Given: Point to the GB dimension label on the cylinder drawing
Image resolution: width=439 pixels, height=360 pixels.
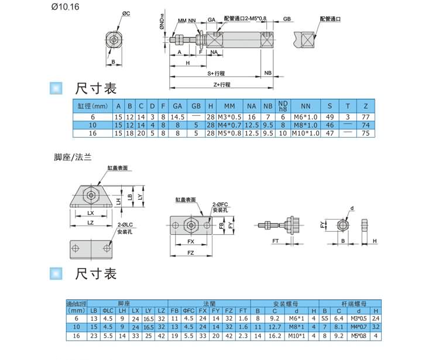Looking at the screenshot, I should click(287, 19).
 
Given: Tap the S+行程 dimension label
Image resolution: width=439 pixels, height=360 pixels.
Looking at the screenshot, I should click(217, 74).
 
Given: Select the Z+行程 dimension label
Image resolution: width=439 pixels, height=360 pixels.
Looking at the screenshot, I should click(222, 84).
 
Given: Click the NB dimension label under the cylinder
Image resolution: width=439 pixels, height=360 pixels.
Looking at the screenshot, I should click(267, 74).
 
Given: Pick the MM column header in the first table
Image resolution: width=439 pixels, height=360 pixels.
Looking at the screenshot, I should click(229, 106).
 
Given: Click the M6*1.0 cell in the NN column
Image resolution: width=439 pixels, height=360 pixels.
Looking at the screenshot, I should click(306, 117).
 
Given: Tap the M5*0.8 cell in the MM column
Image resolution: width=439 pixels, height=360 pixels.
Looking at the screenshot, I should click(229, 133).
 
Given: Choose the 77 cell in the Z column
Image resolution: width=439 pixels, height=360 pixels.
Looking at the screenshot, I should click(366, 117).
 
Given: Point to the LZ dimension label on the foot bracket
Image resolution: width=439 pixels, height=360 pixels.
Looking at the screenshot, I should click(91, 222).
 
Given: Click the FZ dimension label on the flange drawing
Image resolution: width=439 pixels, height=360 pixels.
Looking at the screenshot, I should click(190, 252).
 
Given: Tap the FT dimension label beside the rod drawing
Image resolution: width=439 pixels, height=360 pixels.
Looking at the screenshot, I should click(275, 241).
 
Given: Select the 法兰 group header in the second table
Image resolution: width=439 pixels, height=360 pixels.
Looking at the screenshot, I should click(209, 304).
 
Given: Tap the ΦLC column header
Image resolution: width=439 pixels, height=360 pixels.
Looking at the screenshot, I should click(108, 311).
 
